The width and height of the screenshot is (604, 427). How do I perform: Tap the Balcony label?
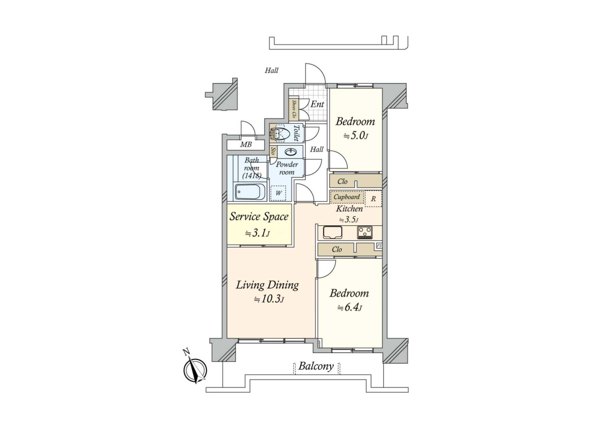(316, 366)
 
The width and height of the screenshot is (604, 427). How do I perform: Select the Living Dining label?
(267, 285)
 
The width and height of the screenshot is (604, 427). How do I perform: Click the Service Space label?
(259, 217)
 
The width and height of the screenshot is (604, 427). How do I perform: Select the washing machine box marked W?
(278, 193)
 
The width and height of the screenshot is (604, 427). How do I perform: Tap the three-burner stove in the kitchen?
(365, 233)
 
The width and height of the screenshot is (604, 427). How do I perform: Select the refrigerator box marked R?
(373, 199)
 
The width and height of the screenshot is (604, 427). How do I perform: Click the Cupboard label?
(347, 197)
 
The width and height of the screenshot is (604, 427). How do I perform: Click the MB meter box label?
(246, 145)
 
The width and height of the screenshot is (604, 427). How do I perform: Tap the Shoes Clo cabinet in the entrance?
(294, 109)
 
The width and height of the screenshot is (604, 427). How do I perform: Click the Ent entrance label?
(317, 104)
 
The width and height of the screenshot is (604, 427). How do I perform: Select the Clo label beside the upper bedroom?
(342, 182)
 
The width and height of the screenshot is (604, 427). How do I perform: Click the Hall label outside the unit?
(271, 70)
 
